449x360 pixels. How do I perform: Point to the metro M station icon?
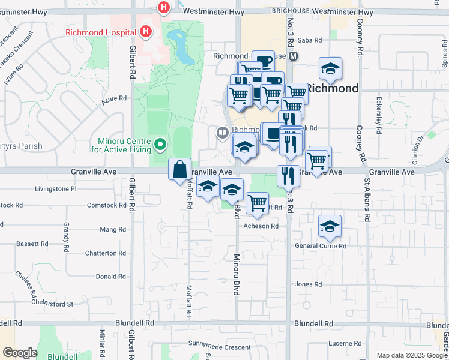pos(294,56)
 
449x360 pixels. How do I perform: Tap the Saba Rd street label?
pos(310,41)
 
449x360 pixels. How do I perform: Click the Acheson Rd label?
pos(261,226)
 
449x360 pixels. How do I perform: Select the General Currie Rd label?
pos(321,246)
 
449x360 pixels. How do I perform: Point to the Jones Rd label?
pos(309,284)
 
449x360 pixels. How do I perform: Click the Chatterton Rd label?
pos(106,253)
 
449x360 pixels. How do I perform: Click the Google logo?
pos(20,353)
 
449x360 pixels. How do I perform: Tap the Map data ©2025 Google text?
pos(411,355)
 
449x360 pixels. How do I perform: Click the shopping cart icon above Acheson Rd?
pos(257,203)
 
